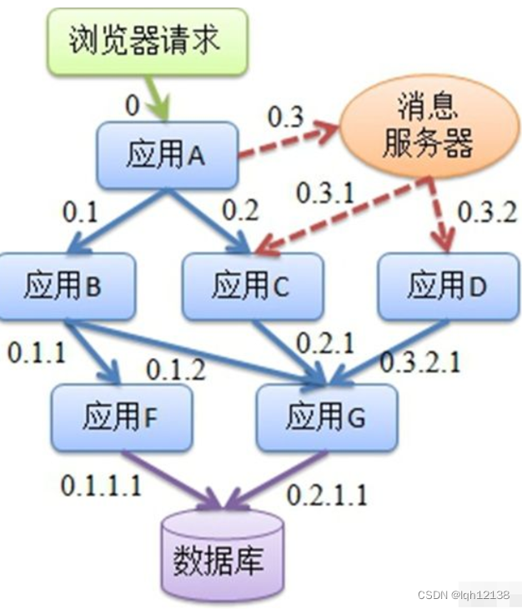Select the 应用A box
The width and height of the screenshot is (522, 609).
pyautogui.click(x=167, y=154)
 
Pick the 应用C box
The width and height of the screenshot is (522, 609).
pyautogui.click(x=251, y=286)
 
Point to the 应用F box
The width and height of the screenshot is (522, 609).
pyautogui.click(x=121, y=415)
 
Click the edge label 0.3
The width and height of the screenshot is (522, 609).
pyautogui.click(x=285, y=118)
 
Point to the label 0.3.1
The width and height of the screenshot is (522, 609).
pyautogui.click(x=326, y=193)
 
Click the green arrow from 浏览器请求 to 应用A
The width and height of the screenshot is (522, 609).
pyautogui.click(x=158, y=98)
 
